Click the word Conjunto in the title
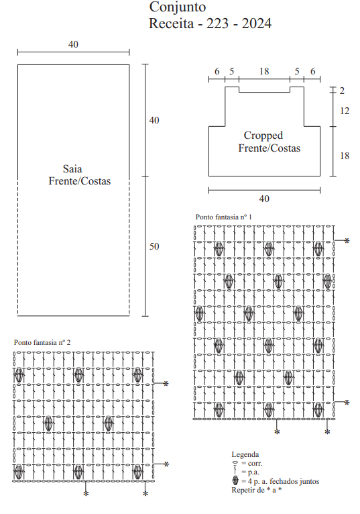point(178,7)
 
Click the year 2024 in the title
point(257,23)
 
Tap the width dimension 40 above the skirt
point(73,44)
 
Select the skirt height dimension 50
point(154,246)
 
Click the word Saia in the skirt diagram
point(72,169)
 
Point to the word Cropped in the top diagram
point(263,136)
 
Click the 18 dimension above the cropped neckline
point(264,71)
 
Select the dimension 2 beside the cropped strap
point(342,91)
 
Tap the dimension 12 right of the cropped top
point(345,111)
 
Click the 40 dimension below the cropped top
point(264,199)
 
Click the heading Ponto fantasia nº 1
point(224,217)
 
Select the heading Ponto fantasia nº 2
point(42,342)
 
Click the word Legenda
point(245,454)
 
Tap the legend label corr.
point(255,464)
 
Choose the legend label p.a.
point(253,472)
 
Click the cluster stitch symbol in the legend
point(235,481)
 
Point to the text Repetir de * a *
point(257,490)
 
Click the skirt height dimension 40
point(154,120)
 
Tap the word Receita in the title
point(172,23)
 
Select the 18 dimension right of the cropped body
point(345,156)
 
